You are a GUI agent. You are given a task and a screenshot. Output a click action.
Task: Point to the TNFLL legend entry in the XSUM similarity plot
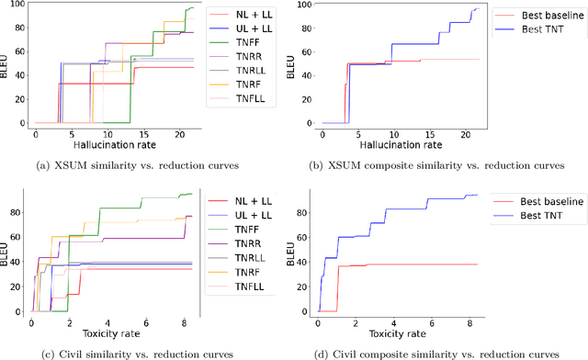pos(248,98)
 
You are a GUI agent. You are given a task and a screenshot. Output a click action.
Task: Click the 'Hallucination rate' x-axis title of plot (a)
pos(115,146)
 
